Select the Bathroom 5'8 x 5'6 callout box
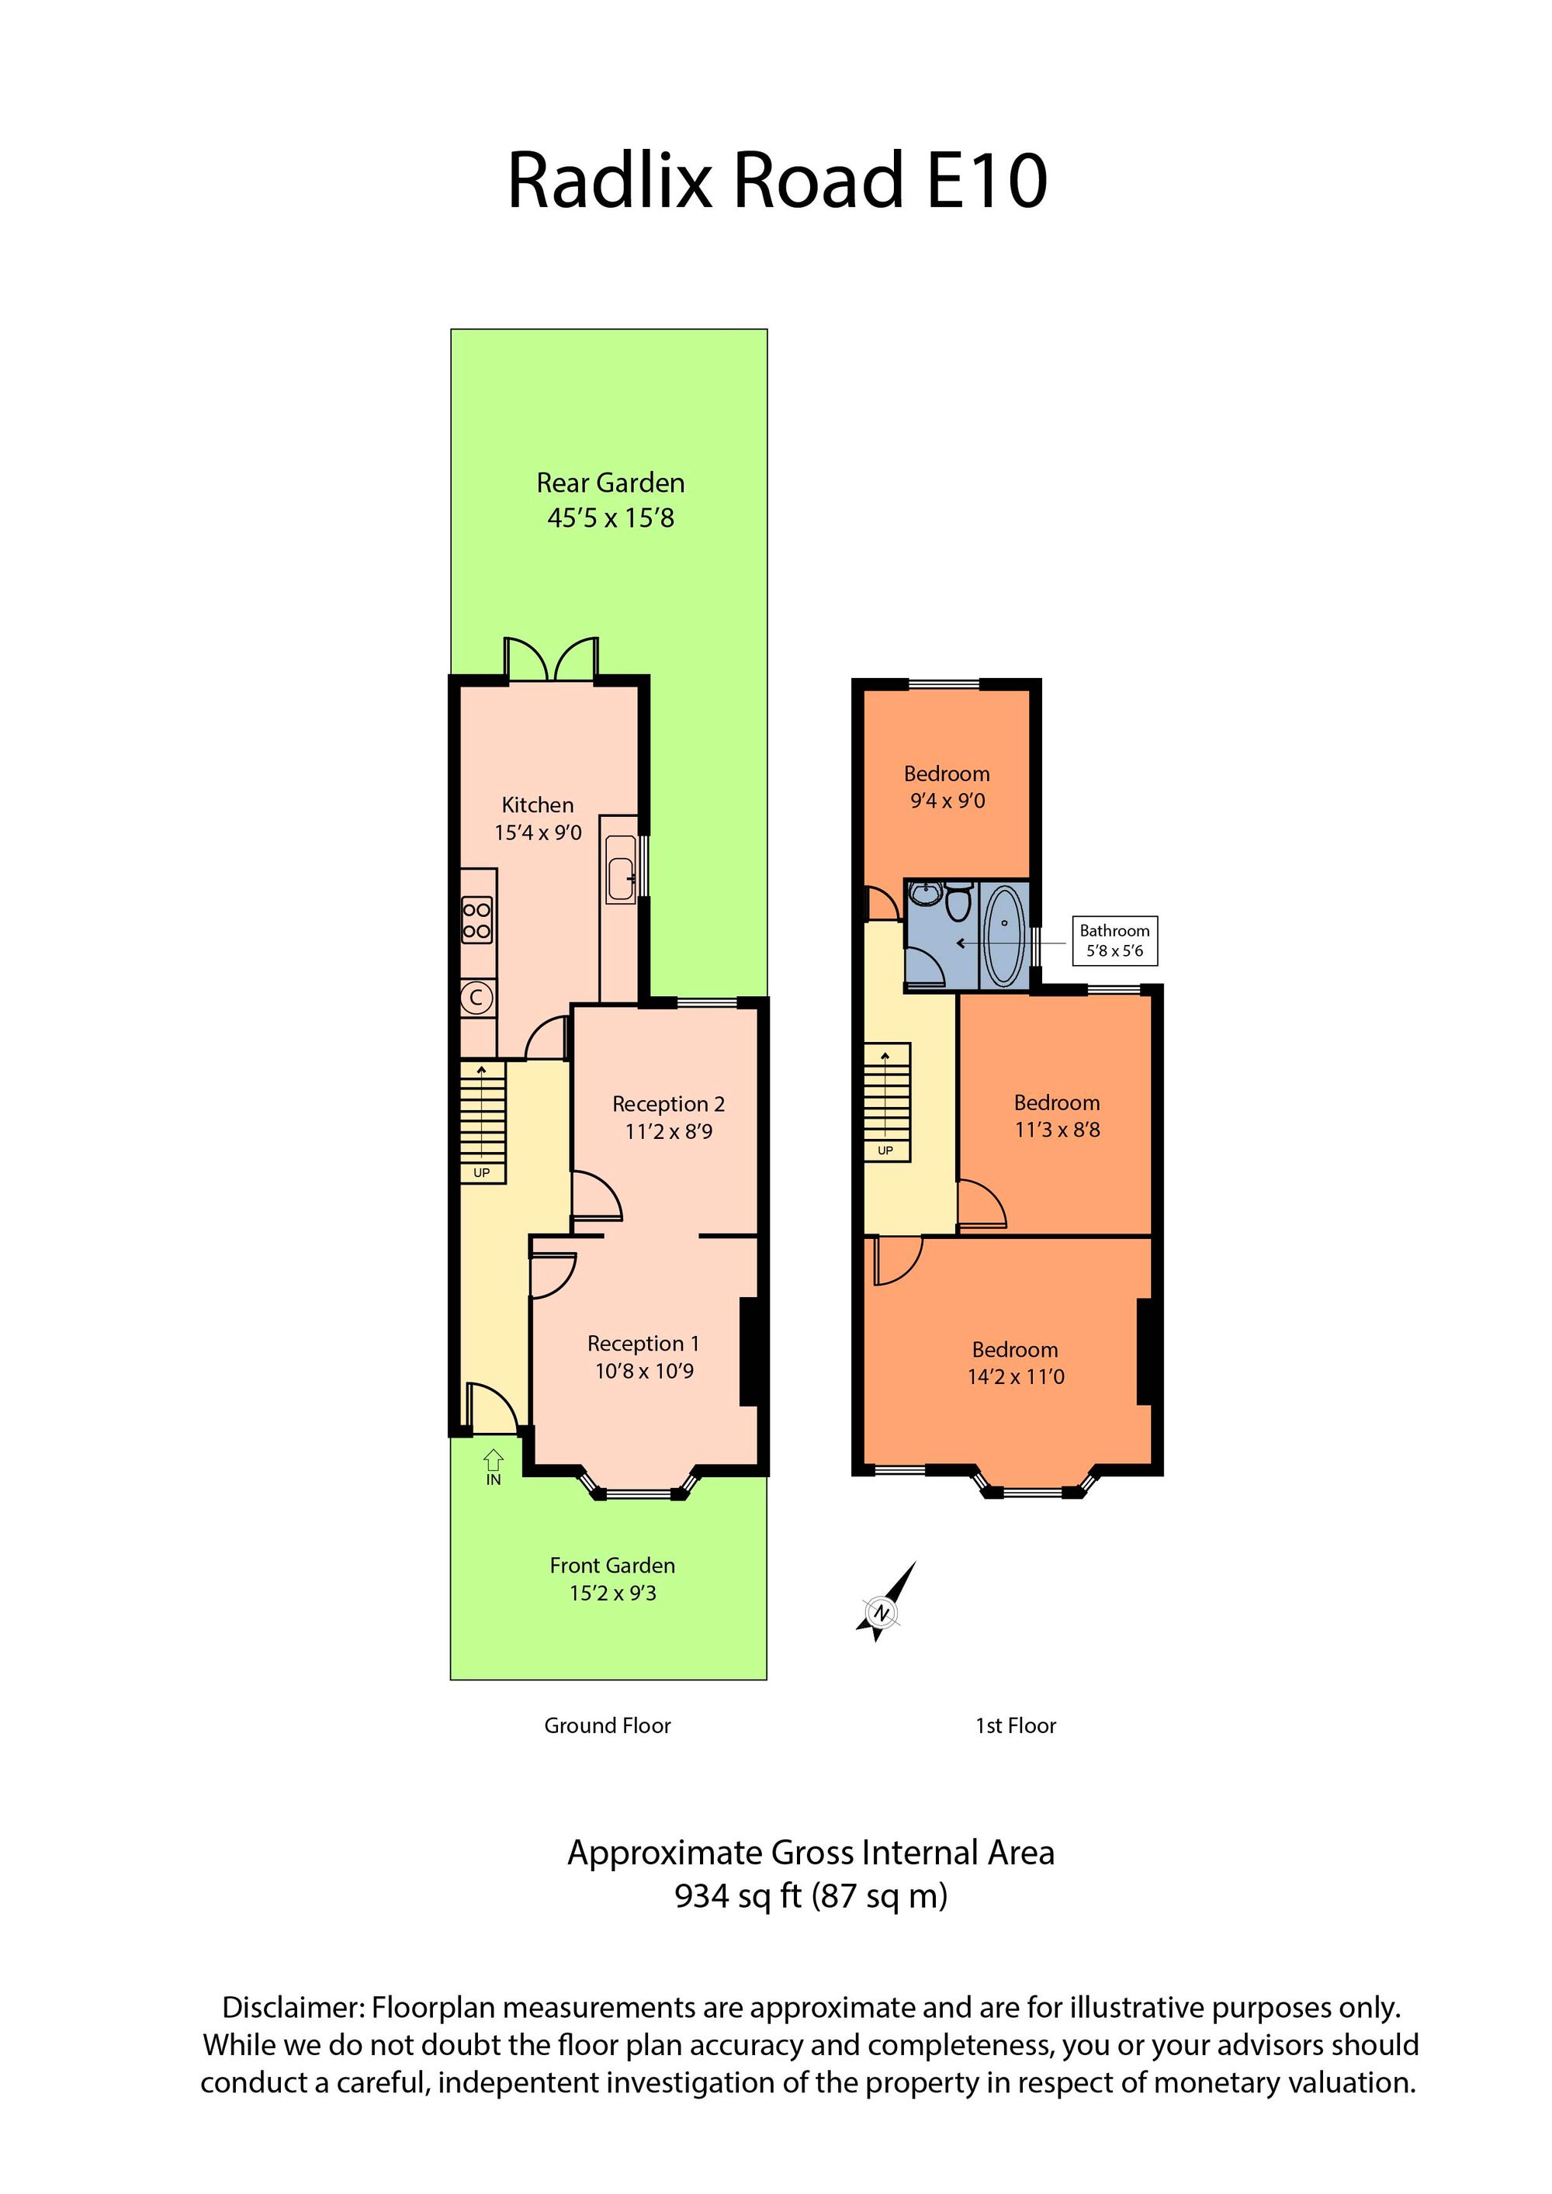(x=1114, y=940)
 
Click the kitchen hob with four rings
(x=477, y=919)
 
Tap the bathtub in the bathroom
(x=1003, y=936)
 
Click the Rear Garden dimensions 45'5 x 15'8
(x=611, y=518)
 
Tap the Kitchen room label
(x=538, y=805)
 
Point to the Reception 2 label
(x=668, y=1104)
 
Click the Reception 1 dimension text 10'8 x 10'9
(x=644, y=1372)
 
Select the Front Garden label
(x=612, y=1566)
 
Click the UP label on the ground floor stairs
(x=482, y=1172)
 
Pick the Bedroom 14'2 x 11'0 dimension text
(x=1016, y=1377)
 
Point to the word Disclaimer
(x=293, y=2008)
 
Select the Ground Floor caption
(x=608, y=1725)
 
